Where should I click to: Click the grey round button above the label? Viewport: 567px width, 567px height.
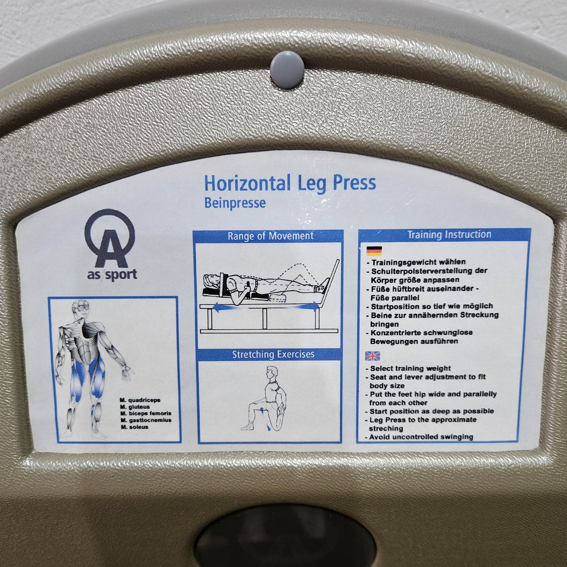click(x=287, y=70)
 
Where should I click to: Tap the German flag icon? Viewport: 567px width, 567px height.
click(x=374, y=251)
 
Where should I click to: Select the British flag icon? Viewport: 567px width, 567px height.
click(x=372, y=356)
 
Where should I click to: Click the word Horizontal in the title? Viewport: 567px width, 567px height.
click(x=248, y=183)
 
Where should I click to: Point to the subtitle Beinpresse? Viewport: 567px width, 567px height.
click(x=235, y=203)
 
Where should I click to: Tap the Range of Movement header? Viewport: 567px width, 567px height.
click(x=270, y=236)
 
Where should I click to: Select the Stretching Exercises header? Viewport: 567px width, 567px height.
click(x=273, y=354)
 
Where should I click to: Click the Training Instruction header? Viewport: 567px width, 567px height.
click(x=449, y=234)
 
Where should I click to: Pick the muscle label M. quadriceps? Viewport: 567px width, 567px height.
click(x=140, y=400)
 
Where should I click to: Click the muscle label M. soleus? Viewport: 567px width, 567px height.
click(x=135, y=427)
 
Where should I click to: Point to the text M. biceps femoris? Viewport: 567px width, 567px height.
click(x=146, y=413)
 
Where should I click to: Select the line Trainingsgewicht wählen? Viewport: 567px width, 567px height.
click(x=416, y=262)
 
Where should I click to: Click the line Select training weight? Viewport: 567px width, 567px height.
click(x=408, y=368)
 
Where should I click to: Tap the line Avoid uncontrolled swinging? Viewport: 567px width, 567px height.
click(x=419, y=437)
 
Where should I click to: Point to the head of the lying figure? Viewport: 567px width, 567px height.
click(x=211, y=280)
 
